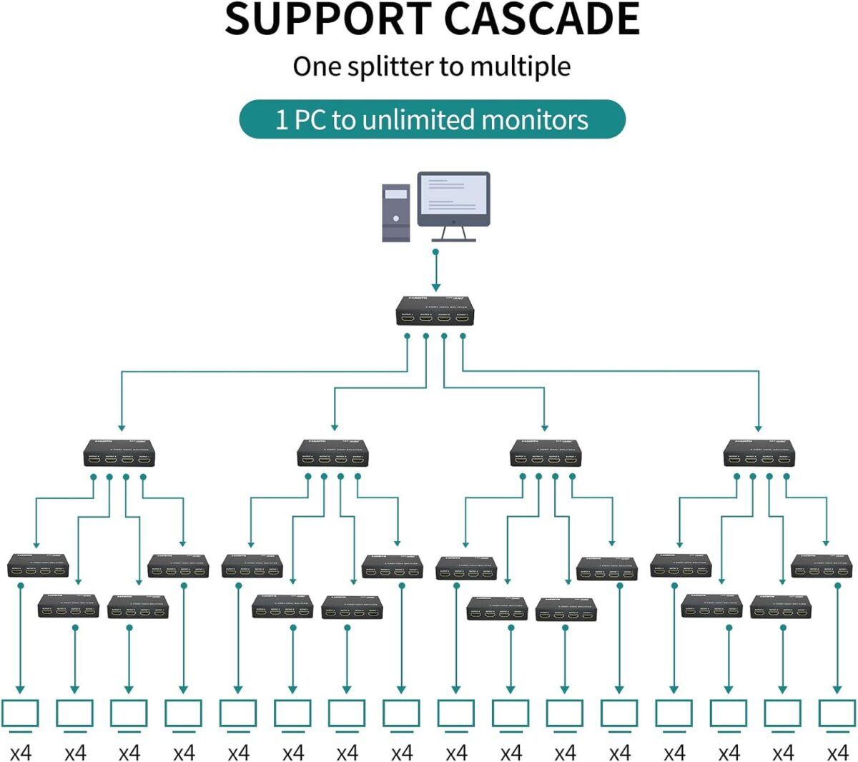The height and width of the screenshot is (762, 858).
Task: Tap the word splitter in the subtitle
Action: pyautogui.click(x=391, y=66)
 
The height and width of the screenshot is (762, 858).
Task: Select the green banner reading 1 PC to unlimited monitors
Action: pyautogui.click(x=432, y=119)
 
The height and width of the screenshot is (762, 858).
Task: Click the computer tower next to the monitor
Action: pyautogui.click(x=396, y=212)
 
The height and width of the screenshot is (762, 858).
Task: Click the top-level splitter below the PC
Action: pyautogui.click(x=433, y=312)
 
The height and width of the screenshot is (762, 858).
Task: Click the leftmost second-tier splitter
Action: pyautogui.click(x=119, y=453)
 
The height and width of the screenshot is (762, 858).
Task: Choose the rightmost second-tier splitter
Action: pyautogui.click(x=759, y=453)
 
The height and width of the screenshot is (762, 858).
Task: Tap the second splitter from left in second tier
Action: pyautogui.click(x=332, y=453)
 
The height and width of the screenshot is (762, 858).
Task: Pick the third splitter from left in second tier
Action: pyautogui.click(x=546, y=453)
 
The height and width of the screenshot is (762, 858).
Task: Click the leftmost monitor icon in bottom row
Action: pyautogui.click(x=20, y=713)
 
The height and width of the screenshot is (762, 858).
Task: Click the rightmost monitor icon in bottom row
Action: pyautogui.click(x=837, y=713)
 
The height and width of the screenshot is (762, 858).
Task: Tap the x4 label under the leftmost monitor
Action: pyautogui.click(x=20, y=753)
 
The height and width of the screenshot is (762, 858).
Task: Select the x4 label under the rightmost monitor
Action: pyautogui.click(x=837, y=753)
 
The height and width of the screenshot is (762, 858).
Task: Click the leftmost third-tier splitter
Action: pyautogui.click(x=38, y=565)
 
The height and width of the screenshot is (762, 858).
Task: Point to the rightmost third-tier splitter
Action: pyautogui.click(x=822, y=565)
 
